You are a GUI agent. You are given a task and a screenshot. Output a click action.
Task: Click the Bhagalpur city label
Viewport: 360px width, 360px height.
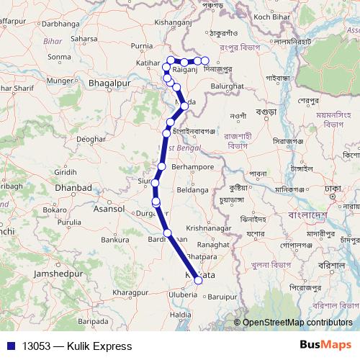pyautogui.click(x=108, y=84)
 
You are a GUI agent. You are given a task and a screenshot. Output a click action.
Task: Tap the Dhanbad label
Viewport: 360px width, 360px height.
pyautogui.click(x=73, y=188)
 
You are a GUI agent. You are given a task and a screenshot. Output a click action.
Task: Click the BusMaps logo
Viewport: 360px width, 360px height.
pyautogui.click(x=325, y=346)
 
